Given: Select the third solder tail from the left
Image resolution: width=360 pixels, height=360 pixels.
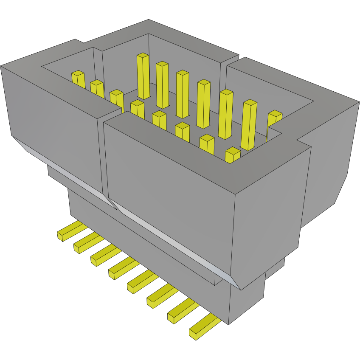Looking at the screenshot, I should click(x=103, y=255).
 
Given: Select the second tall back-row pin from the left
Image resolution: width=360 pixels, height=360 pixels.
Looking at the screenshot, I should click(x=162, y=84).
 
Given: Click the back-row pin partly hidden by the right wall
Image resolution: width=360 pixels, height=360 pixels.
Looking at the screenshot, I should click(x=274, y=121).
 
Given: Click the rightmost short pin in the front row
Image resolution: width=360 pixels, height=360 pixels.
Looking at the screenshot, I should click(x=233, y=155).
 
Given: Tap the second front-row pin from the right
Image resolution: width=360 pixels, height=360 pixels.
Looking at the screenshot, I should click(x=207, y=143).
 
